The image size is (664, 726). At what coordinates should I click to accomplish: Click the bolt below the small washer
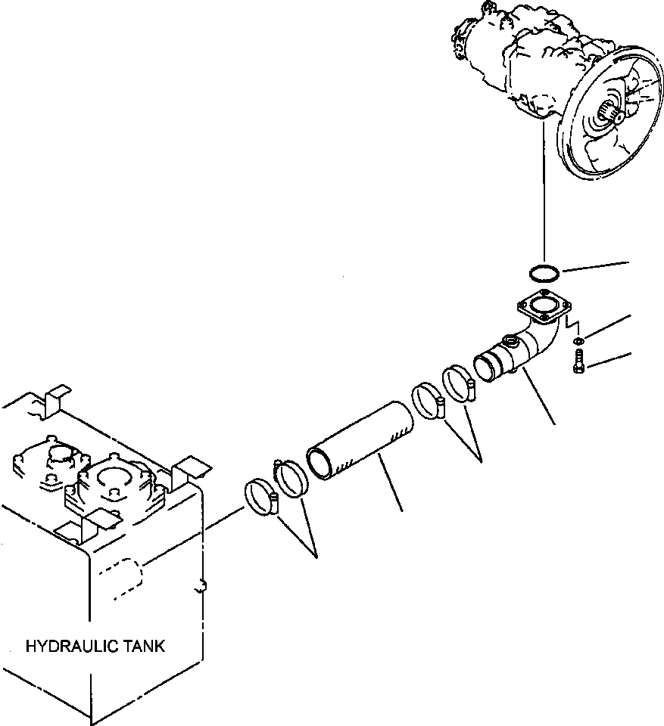click(578, 365)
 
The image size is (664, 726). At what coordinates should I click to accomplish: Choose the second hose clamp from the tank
click(289, 479)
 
